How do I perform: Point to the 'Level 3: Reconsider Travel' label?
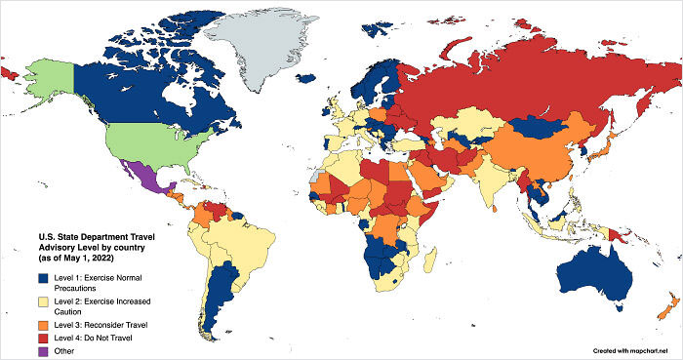point(102,323)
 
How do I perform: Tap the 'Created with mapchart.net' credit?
point(635,348)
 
